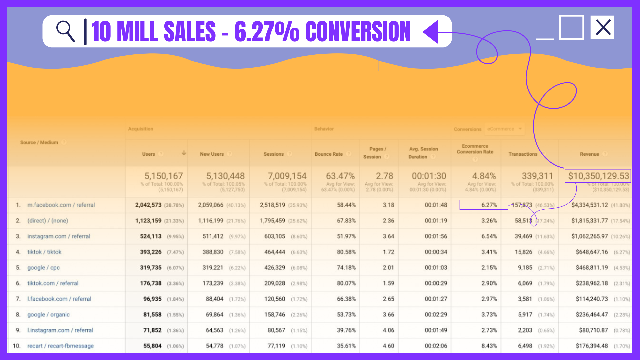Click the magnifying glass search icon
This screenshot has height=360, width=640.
pyautogui.click(x=65, y=31)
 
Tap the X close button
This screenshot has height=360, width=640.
pyautogui.click(x=603, y=27)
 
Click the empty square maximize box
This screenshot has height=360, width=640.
pyautogui.click(x=571, y=27)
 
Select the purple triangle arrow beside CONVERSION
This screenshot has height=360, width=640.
pyautogui.click(x=431, y=32)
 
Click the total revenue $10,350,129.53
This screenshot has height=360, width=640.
pyautogui.click(x=598, y=176)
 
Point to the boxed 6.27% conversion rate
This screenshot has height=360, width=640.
pyautogui.click(x=484, y=205)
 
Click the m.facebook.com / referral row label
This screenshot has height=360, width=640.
pyautogui.click(x=61, y=205)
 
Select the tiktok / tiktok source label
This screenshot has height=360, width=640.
pyautogui.click(x=44, y=252)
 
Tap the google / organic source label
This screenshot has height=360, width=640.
pyautogui.click(x=49, y=315)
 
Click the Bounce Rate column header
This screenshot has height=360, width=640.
pyautogui.click(x=329, y=154)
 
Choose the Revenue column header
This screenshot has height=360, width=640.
pyautogui.click(x=589, y=154)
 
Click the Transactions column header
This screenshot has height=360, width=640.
pyautogui.click(x=523, y=154)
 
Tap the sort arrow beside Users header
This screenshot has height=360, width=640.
pyautogui.click(x=184, y=153)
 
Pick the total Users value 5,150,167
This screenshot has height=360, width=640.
pyautogui.click(x=163, y=176)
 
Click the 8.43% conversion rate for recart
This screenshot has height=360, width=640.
pyautogui.click(x=489, y=346)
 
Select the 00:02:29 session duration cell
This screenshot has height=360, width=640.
pyautogui.click(x=436, y=315)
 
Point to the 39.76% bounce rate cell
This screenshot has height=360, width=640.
pyautogui.click(x=346, y=330)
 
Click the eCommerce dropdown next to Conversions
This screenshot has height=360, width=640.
pyautogui.click(x=504, y=129)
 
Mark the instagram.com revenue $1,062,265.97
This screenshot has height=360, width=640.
pyautogui.click(x=589, y=236)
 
